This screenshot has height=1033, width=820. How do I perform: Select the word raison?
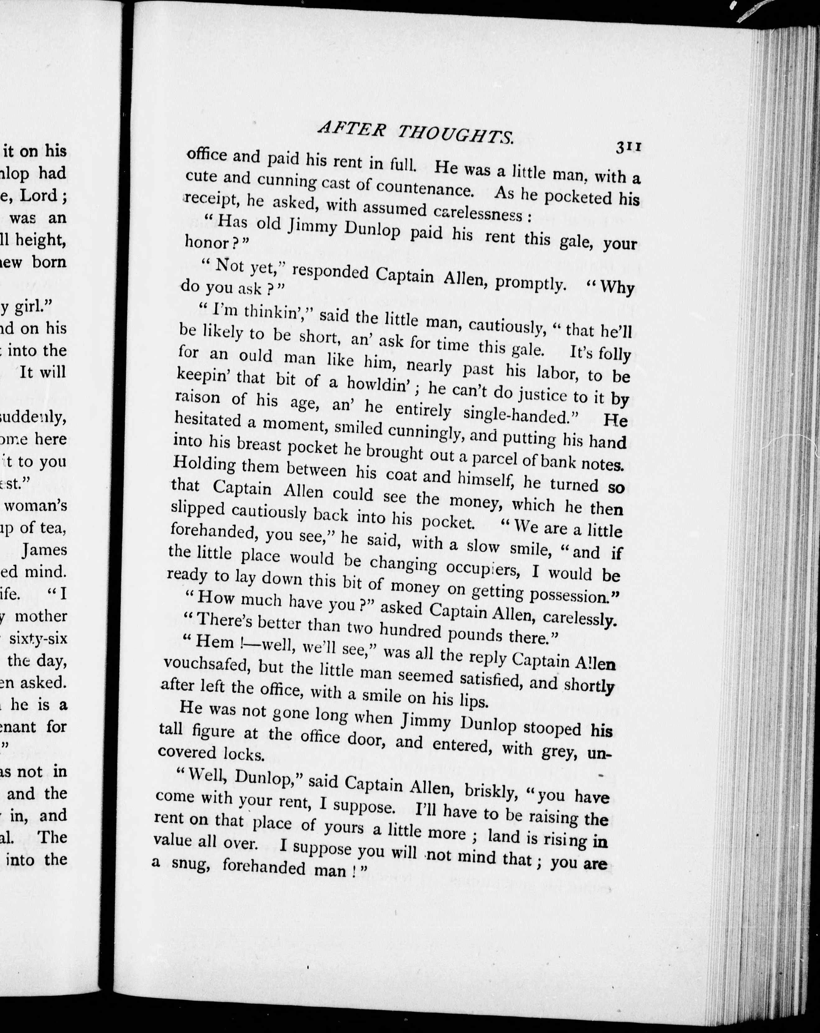coord(197,398)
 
